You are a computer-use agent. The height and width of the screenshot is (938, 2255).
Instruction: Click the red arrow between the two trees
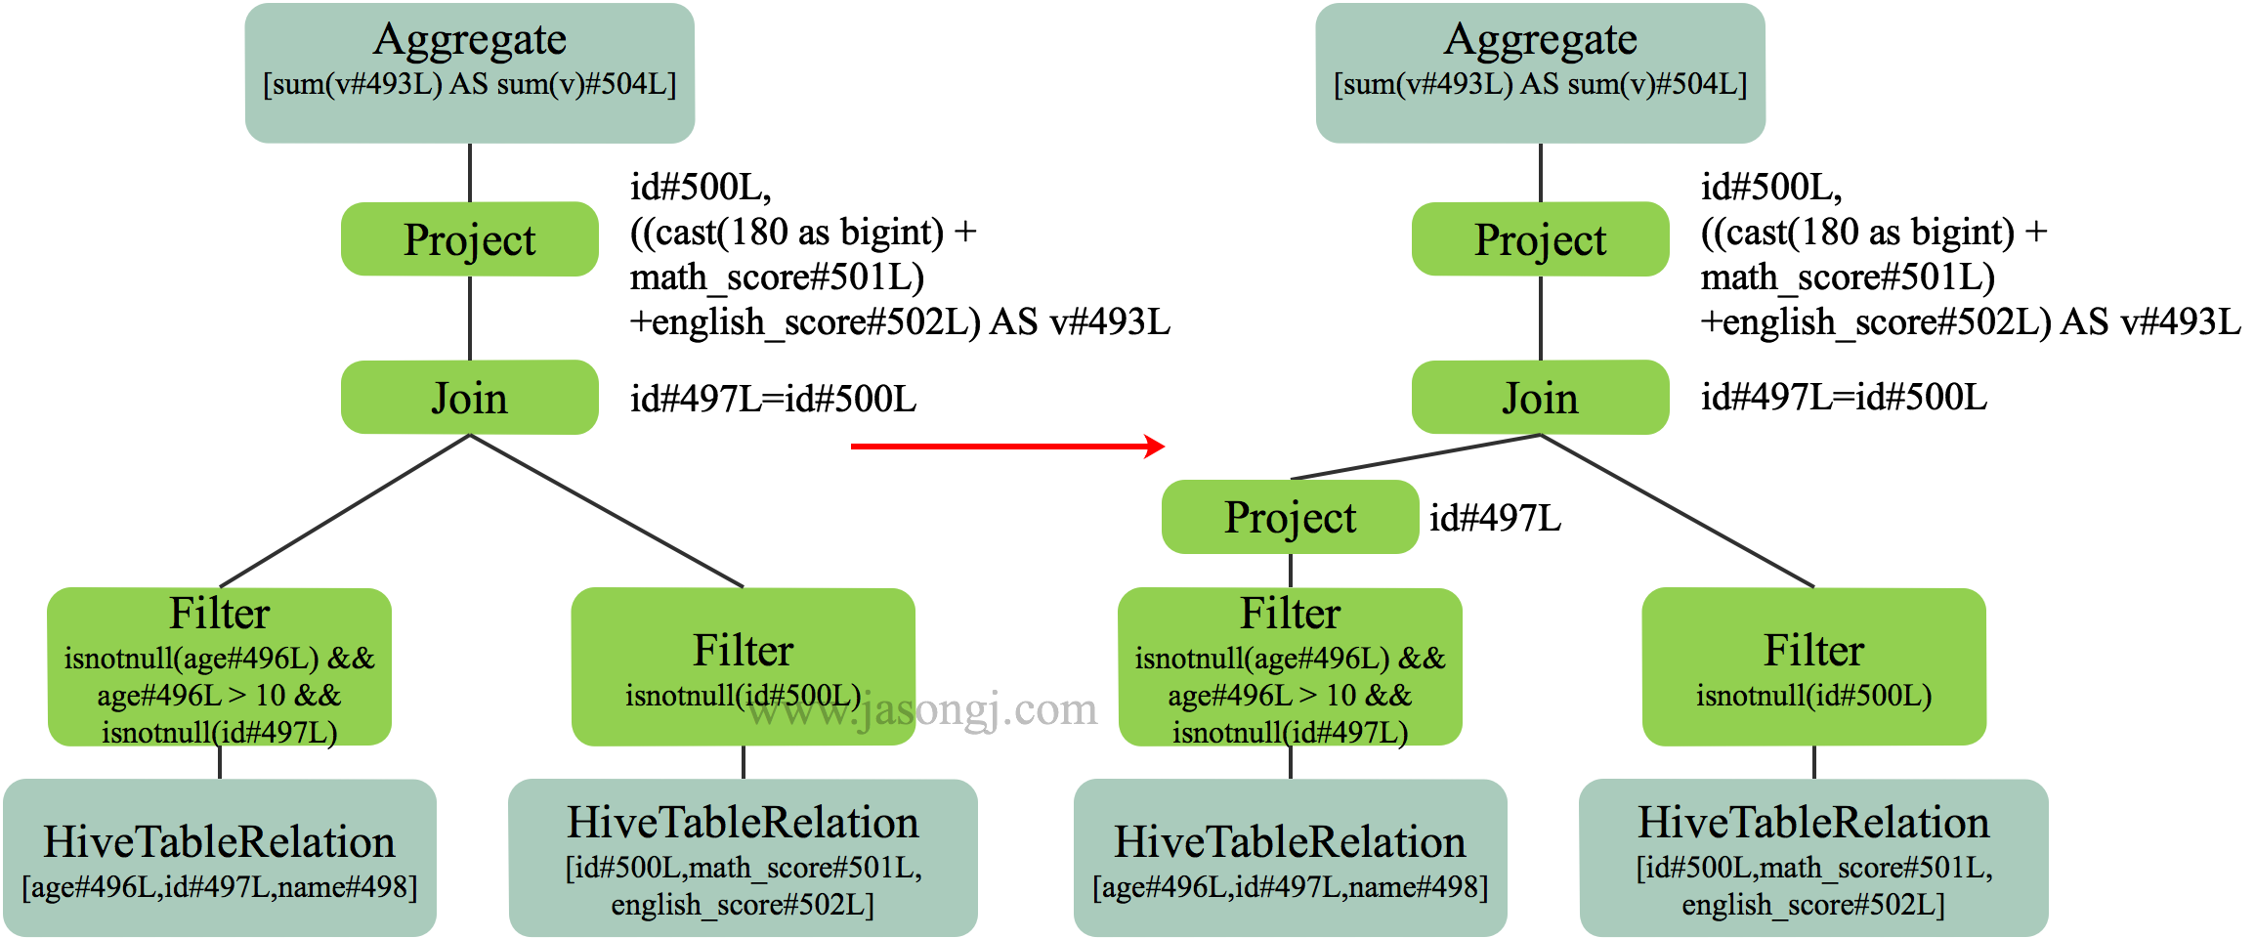coord(1006,447)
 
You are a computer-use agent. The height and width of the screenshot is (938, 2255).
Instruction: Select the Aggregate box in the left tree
coord(470,73)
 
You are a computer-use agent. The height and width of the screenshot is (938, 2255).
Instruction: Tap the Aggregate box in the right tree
coord(1540,73)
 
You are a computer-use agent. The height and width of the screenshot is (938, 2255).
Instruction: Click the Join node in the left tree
coord(470,398)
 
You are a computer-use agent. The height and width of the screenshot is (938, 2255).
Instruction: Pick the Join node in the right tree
coord(1540,398)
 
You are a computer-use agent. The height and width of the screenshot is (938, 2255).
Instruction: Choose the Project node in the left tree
coord(470,239)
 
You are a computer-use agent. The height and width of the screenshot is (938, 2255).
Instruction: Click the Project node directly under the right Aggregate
coord(1540,239)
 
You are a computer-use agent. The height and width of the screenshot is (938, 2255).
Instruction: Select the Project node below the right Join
coord(1290,517)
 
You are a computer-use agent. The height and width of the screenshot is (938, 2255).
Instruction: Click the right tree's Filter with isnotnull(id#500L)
coord(1813,665)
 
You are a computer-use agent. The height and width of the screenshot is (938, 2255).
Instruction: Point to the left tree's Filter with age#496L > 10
coord(220,665)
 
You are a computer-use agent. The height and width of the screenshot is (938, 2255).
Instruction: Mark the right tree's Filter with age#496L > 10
coord(1290,665)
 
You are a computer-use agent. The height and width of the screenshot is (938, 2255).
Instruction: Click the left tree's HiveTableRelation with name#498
coord(220,857)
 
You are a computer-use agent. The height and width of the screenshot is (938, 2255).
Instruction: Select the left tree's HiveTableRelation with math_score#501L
coord(743,857)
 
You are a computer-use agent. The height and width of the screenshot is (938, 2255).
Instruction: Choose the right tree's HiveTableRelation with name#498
coord(1290,857)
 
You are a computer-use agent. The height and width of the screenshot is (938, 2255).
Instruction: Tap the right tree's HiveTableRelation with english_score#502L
coord(1813,857)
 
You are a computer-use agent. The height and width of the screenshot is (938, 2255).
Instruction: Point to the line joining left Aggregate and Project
coord(470,173)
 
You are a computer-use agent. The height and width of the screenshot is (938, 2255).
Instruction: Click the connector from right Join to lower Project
coord(1417,456)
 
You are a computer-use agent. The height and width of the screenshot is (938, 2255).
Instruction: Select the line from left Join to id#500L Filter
coord(606,510)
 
